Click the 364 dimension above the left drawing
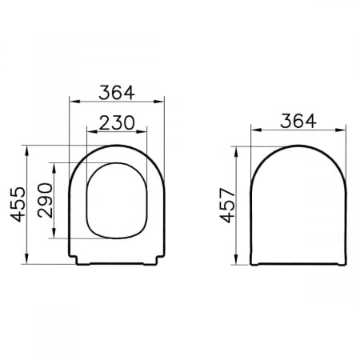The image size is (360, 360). (117, 93)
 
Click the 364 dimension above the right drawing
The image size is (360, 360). (298, 121)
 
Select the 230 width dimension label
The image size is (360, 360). (117, 122)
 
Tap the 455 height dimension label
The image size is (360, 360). (18, 205)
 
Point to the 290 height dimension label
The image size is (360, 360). (45, 200)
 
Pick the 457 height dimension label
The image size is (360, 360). (227, 206)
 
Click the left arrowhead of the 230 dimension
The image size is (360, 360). (92, 131)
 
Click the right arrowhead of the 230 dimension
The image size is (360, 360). (142, 131)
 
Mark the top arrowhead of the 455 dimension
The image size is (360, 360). (26, 150)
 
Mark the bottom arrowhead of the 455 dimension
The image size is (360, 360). (26, 258)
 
